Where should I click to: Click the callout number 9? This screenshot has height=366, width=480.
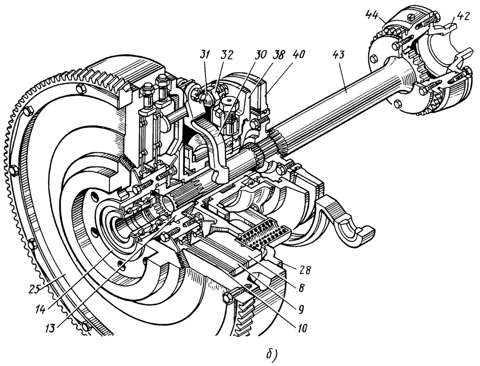pyautogui.click(x=302, y=306)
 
